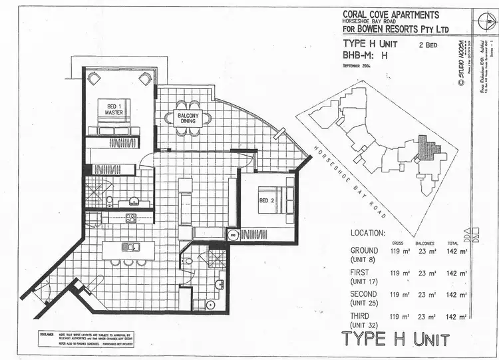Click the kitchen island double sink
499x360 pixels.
[x=130, y=248]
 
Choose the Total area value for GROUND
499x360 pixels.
[x=456, y=252]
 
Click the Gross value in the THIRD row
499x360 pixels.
[x=399, y=315]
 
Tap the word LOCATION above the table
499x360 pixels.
[x=367, y=234]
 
